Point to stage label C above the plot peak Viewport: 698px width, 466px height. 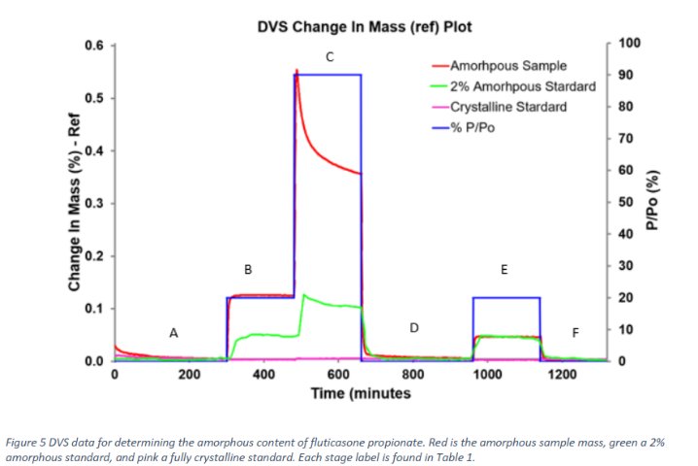pyautogui.click(x=330, y=58)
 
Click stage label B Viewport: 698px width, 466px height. pyautogui.click(x=248, y=270)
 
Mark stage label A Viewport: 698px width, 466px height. pyautogui.click(x=174, y=333)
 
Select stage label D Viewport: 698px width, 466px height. pyautogui.click(x=413, y=328)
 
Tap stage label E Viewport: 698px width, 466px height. pyautogui.click(x=504, y=270)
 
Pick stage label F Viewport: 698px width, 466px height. pyautogui.click(x=575, y=333)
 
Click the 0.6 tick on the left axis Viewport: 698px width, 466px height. pyautogui.click(x=93, y=46)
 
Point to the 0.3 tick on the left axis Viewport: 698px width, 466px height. pyautogui.click(x=93, y=204)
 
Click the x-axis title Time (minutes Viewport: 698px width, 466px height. pyautogui.click(x=360, y=394)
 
